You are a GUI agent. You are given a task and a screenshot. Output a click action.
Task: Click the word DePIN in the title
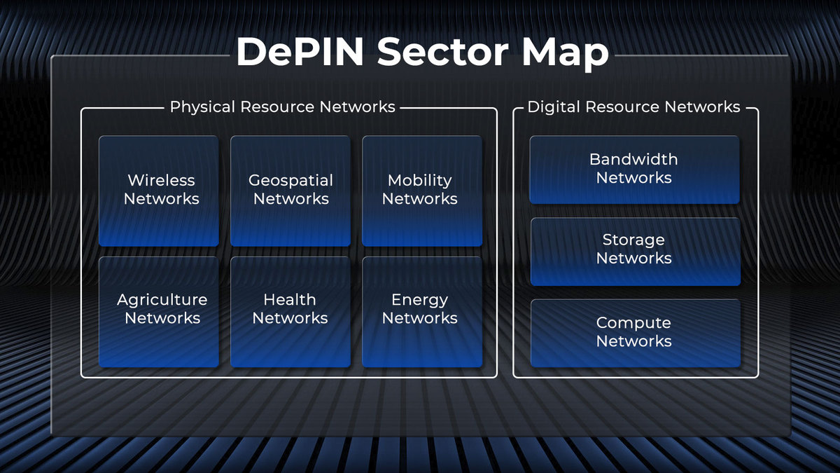coord(300,52)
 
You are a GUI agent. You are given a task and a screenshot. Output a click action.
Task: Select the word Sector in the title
coord(442,52)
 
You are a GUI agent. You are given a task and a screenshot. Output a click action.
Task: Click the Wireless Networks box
coord(159,191)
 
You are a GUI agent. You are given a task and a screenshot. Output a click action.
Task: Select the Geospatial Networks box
coord(290,191)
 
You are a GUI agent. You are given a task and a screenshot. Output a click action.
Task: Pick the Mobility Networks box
coord(422,191)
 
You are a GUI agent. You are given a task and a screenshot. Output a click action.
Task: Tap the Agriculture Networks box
coord(159,312)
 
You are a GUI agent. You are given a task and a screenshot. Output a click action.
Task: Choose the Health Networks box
coord(290,312)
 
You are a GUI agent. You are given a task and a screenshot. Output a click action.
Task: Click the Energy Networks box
coord(422,312)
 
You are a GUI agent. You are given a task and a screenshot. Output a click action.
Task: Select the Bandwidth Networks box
coord(634,170)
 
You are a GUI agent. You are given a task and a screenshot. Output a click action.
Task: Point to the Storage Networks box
coord(636,252)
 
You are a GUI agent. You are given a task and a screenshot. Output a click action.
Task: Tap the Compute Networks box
coord(636,334)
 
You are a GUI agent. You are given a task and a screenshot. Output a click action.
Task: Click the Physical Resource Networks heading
coord(282,107)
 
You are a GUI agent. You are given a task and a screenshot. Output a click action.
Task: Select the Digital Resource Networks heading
coord(633,107)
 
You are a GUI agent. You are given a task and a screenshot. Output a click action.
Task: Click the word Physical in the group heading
coord(202,107)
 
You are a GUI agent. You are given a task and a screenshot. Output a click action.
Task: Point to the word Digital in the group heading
coord(554,107)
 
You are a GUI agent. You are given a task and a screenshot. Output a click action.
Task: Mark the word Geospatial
coord(290,181)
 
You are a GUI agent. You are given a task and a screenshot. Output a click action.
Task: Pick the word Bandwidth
coord(633,159)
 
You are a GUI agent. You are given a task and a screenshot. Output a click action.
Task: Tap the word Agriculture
coord(162,301)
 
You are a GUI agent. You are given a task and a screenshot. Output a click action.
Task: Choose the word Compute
coord(633,324)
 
